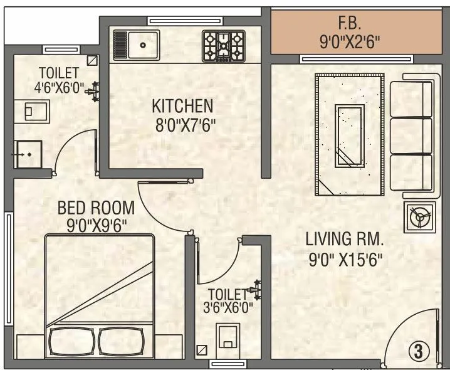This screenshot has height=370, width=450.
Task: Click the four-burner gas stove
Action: click(x=222, y=46)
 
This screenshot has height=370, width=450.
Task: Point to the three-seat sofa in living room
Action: click(x=412, y=135)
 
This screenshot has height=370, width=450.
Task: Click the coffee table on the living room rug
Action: click(x=350, y=135)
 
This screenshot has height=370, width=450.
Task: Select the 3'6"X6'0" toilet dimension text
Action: click(x=229, y=307)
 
